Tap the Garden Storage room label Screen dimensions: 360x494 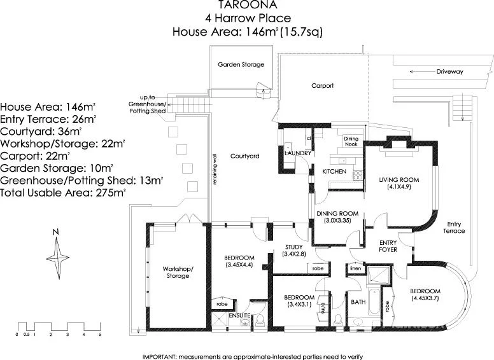click(241, 64)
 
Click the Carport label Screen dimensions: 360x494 click(322, 85)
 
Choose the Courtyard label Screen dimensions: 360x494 click(244, 156)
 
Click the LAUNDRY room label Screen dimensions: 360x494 click(297, 153)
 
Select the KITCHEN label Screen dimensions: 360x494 click(334, 172)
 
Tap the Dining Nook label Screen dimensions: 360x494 click(351, 141)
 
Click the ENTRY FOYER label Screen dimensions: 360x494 click(388, 246)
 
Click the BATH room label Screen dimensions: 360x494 click(358, 301)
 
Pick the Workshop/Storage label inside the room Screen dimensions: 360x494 click(178, 272)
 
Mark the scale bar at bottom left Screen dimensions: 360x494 click(59, 325)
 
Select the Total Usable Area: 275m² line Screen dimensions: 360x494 click(62, 191)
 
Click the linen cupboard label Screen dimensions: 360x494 click(356, 270)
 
